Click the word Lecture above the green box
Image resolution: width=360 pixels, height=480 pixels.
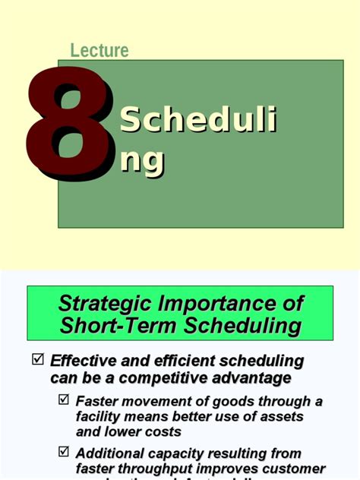pyautogui.click(x=99, y=51)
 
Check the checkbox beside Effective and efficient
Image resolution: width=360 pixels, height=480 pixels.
pyautogui.click(x=38, y=360)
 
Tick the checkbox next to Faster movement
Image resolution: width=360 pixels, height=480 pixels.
pyautogui.click(x=65, y=399)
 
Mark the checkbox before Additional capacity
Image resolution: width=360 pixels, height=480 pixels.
pyautogui.click(x=65, y=453)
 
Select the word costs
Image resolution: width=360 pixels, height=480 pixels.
pyautogui.click(x=162, y=432)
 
